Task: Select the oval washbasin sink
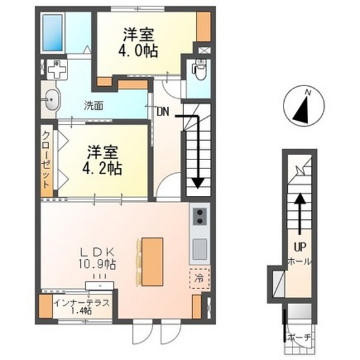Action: (x=51, y=99)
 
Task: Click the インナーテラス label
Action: (x=82, y=302)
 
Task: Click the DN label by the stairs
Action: (x=162, y=111)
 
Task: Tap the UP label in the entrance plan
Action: (x=299, y=246)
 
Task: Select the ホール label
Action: (x=299, y=262)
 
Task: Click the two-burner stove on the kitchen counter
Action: (x=199, y=216)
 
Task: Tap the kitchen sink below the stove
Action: (x=199, y=247)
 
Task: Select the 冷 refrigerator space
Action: (x=199, y=279)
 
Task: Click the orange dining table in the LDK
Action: (x=152, y=261)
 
